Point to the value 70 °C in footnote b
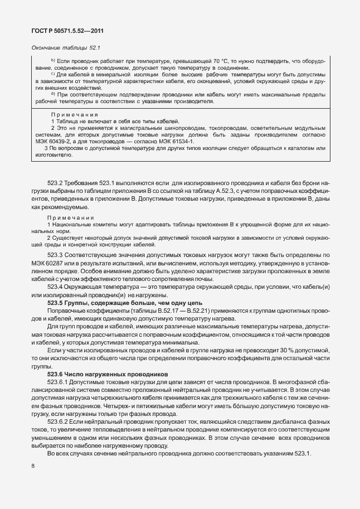point(228,60)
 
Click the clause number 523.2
point(57,182)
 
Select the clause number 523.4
point(57,287)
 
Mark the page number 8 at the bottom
point(33,466)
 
